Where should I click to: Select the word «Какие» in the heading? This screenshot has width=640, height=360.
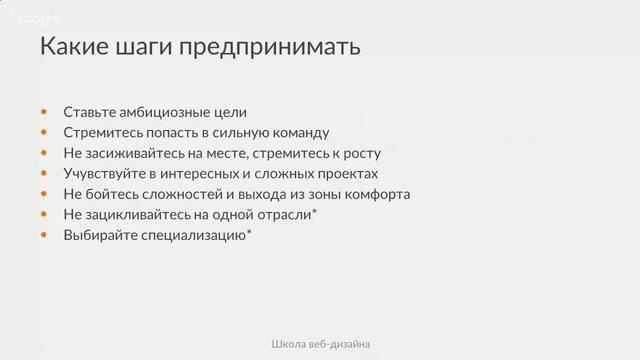pyautogui.click(x=74, y=47)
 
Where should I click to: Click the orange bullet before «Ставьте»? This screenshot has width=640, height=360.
pyautogui.click(x=43, y=112)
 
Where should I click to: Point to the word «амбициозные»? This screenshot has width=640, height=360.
pyautogui.click(x=161, y=112)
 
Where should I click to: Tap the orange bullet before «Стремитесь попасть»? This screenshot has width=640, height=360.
pyautogui.click(x=43, y=132)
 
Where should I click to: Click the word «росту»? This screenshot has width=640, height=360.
pyautogui.click(x=361, y=153)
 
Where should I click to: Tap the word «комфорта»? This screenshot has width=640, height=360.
pyautogui.click(x=377, y=194)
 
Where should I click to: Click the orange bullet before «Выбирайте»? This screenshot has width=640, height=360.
pyautogui.click(x=43, y=235)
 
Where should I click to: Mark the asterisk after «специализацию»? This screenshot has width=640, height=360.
pyautogui.click(x=248, y=232)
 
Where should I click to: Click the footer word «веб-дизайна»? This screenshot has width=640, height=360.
pyautogui.click(x=341, y=344)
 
